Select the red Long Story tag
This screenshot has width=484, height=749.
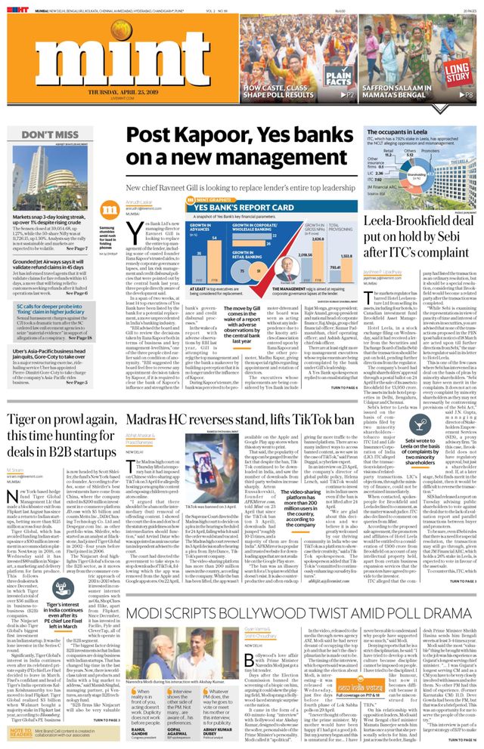pyautogui.click(x=457, y=72)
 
